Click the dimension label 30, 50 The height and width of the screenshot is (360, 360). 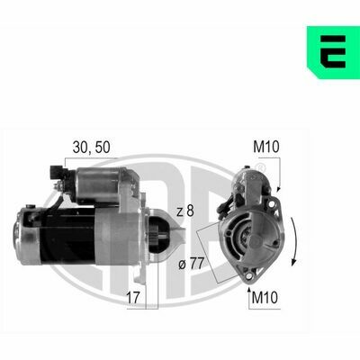pos(92,147)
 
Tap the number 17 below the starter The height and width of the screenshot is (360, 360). pos(133,298)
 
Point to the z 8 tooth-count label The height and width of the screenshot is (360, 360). pos(185,211)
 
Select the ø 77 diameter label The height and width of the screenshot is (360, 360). pos(191,264)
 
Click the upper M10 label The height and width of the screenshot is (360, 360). pos(266,147)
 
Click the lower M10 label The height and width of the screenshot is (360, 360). pos(265,298)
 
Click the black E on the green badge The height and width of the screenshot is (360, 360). pos(333,51)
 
